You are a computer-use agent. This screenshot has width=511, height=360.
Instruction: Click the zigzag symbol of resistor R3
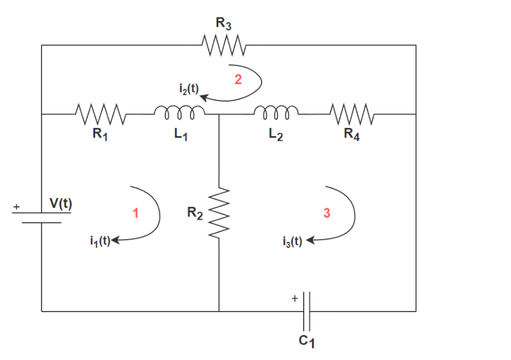[223, 44]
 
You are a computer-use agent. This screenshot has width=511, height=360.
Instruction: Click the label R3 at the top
[223, 24]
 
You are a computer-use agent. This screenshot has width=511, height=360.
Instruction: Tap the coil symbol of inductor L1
[179, 111]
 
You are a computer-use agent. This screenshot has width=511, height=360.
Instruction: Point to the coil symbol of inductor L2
[277, 111]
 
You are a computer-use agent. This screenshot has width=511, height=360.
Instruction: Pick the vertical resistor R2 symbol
[218, 213]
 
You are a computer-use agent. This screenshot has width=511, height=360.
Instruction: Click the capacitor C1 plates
[307, 311]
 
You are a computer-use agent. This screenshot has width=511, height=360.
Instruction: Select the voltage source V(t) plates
[41, 217]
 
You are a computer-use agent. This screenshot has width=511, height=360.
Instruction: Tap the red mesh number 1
[135, 213]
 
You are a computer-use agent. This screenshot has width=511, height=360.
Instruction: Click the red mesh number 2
[238, 80]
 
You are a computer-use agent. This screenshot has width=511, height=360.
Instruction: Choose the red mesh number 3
[327, 213]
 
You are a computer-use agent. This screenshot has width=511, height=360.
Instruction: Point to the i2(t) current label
[188, 89]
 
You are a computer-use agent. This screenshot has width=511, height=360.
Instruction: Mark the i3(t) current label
[291, 241]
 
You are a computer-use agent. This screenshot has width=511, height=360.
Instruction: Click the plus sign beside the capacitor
[295, 299]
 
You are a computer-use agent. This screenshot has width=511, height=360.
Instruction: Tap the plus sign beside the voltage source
[16, 207]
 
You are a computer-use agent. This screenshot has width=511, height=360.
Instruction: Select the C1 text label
[308, 341]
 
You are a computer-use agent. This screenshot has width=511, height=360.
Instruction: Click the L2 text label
[277, 134]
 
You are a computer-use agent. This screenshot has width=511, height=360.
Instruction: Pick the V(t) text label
[61, 203]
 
